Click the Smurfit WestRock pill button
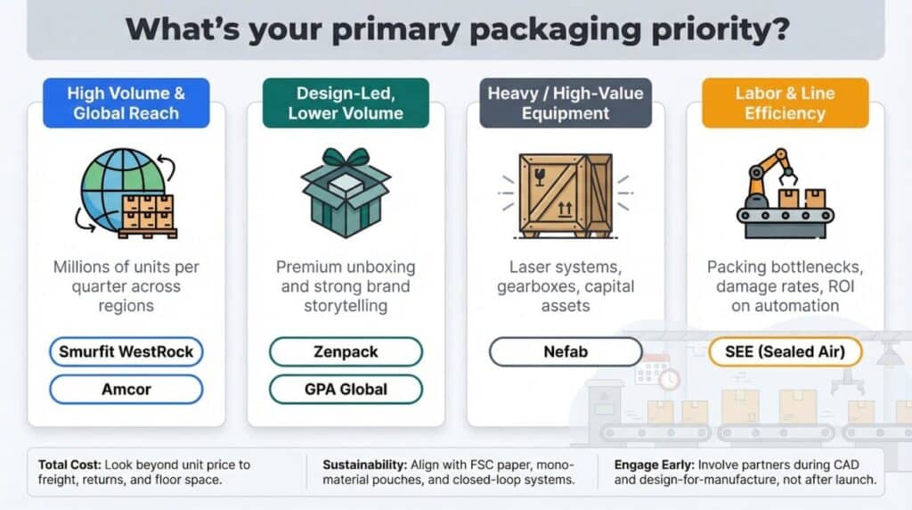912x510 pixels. (x=126, y=351)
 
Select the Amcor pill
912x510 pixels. (x=126, y=389)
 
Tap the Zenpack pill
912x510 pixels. (x=346, y=351)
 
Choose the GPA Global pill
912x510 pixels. (x=346, y=389)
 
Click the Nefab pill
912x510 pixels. (x=566, y=351)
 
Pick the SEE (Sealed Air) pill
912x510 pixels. (x=786, y=351)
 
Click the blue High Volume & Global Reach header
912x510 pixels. (x=126, y=103)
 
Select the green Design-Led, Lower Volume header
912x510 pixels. (x=346, y=103)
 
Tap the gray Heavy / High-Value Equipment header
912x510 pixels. (x=566, y=103)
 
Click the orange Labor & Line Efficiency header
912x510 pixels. (x=786, y=103)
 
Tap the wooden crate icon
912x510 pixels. (x=566, y=195)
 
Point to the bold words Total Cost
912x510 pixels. (x=69, y=465)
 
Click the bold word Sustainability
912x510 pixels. (x=364, y=465)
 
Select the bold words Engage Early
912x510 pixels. (x=654, y=465)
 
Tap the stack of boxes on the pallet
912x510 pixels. (x=148, y=216)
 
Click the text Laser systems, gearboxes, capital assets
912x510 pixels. (x=566, y=286)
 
